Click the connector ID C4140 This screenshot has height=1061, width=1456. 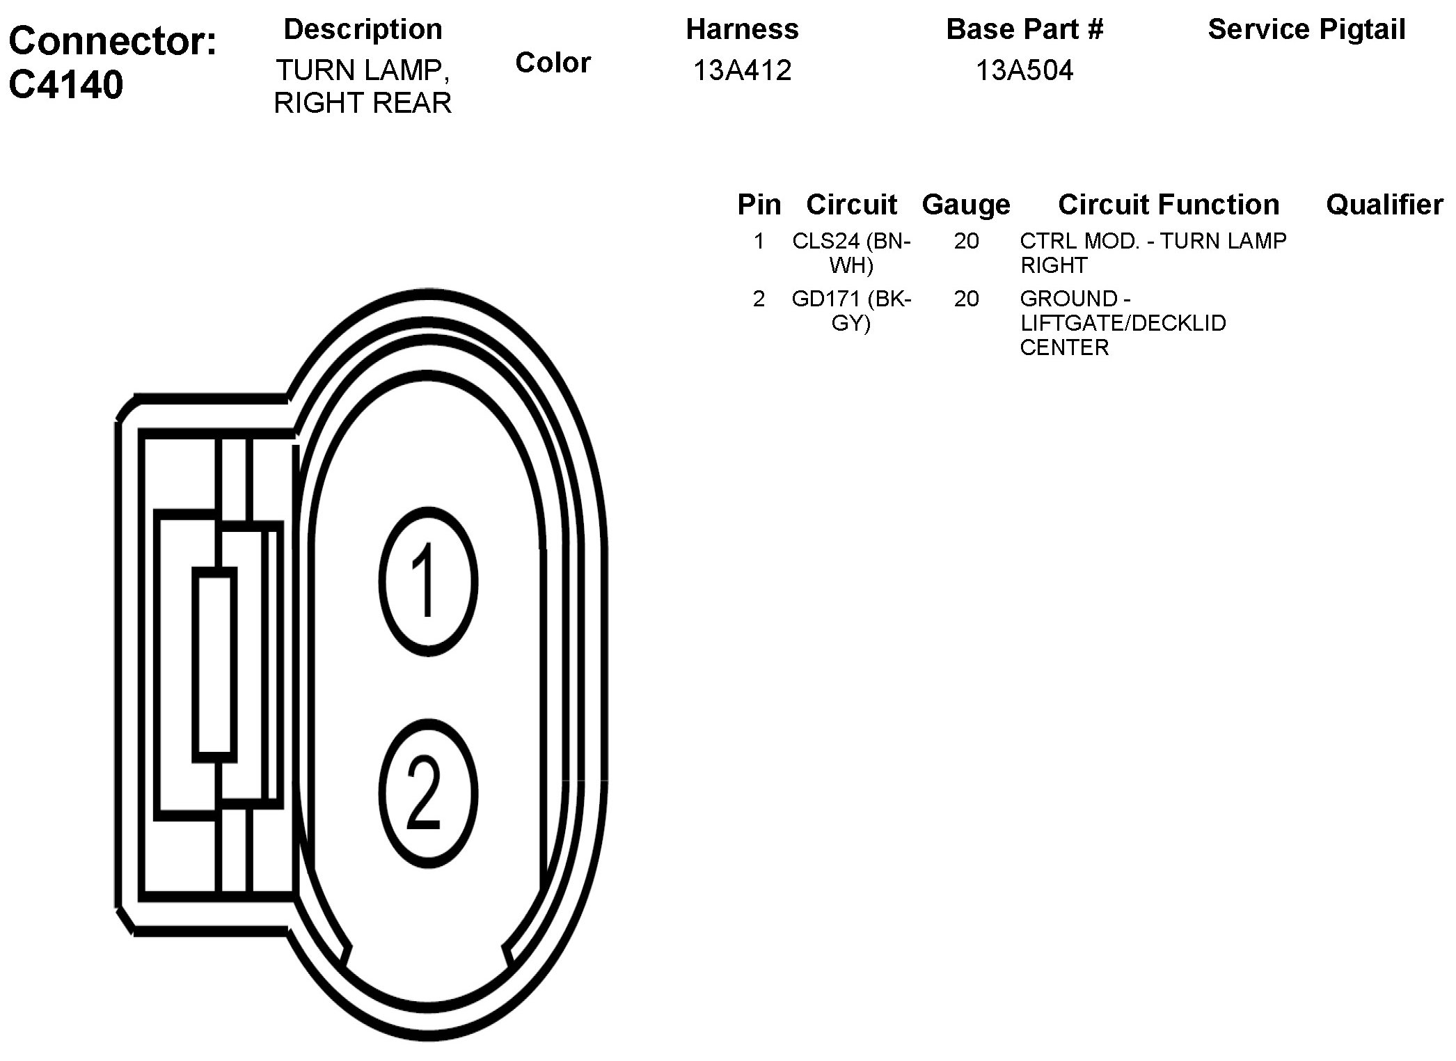pyautogui.click(x=66, y=85)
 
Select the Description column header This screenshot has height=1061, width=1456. pyautogui.click(x=363, y=29)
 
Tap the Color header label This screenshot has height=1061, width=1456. pyautogui.click(x=553, y=63)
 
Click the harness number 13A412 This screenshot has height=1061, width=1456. pyautogui.click(x=742, y=70)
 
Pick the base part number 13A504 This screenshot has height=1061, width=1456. pyautogui.click(x=1024, y=70)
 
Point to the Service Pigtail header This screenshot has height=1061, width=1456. pyautogui.click(x=1306, y=29)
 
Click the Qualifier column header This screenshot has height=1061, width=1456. pyautogui.click(x=1384, y=205)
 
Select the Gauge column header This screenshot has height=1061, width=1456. pyautogui.click(x=965, y=205)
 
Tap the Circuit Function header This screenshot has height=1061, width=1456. pyautogui.click(x=1168, y=205)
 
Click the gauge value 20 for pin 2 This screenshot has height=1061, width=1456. pyautogui.click(x=966, y=299)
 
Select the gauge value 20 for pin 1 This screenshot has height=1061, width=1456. pyautogui.click(x=966, y=241)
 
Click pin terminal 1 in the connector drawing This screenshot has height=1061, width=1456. pyautogui.click(x=428, y=581)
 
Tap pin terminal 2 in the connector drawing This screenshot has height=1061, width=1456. pyautogui.click(x=428, y=794)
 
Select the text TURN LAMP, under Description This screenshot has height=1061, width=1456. pyautogui.click(x=363, y=70)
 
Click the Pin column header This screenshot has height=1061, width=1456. pyautogui.click(x=759, y=205)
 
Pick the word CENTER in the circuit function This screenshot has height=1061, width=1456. pyautogui.click(x=1063, y=347)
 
